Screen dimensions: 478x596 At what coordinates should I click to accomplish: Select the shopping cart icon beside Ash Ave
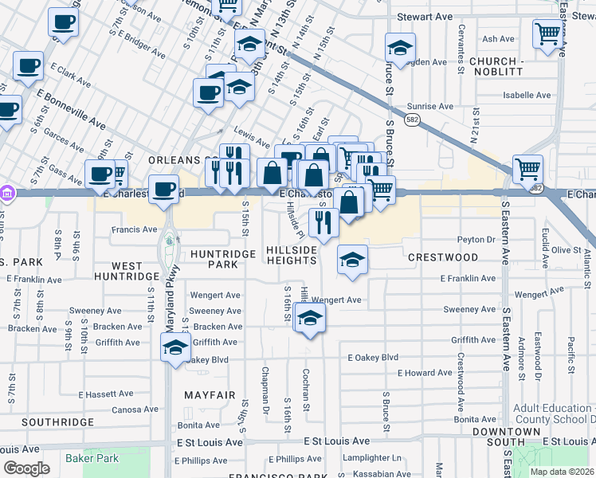[548, 34]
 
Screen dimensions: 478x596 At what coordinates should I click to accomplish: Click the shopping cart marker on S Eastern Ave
[527, 169]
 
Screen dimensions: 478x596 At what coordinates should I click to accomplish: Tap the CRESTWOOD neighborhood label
[443, 257]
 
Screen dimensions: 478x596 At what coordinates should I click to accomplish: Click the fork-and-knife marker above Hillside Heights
[323, 222]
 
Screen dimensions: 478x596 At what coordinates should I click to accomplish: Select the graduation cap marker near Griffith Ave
[176, 347]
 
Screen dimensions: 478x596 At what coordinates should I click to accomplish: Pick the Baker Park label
[92, 458]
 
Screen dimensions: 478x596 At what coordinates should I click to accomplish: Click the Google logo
[26, 468]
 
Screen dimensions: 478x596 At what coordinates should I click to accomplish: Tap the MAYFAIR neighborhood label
[210, 395]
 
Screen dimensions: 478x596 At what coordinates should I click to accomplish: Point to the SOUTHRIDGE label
[46, 421]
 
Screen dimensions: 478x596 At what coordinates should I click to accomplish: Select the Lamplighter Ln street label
[372, 458]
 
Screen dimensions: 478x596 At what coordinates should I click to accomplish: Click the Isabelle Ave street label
[527, 95]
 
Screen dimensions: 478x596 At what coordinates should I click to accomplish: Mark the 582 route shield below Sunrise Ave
[411, 118]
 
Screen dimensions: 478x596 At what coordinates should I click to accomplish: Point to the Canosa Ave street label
[136, 410]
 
